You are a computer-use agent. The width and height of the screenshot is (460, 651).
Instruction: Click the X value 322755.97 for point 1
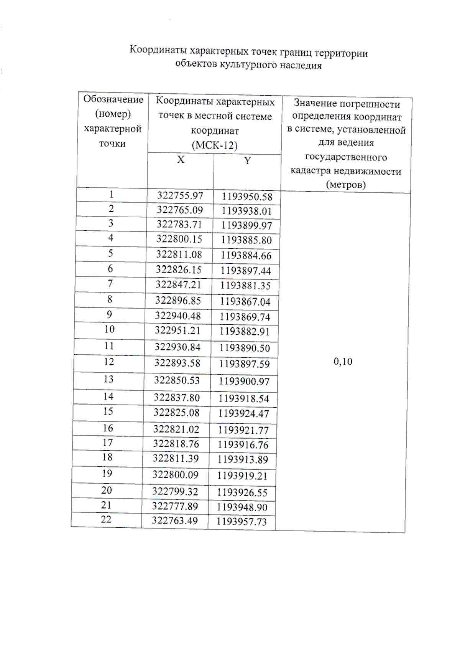coord(180,195)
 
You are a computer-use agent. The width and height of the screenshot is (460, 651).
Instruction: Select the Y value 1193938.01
coord(246,211)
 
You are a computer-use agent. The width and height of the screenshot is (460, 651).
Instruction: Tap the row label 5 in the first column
coord(110,253)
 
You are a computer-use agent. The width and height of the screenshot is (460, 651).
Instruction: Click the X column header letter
coord(181,160)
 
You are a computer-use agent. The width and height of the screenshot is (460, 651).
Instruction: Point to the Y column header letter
coord(247,161)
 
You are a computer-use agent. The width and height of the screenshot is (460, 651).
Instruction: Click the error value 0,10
coord(343,362)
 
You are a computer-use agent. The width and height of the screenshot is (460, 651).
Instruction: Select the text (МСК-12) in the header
coord(214,145)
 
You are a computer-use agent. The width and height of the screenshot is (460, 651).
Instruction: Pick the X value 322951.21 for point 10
coord(177,330)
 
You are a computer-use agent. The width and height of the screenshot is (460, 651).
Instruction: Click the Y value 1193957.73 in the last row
coord(241,521)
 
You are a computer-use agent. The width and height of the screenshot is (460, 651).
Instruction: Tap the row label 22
coord(106,519)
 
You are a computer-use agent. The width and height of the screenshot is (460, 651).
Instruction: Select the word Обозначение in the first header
coord(113,99)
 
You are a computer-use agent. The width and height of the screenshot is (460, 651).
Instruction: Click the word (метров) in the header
coord(346,185)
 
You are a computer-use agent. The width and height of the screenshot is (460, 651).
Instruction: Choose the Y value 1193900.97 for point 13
coord(244,381)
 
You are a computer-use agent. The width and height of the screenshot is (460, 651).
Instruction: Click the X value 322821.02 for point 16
coord(176,429)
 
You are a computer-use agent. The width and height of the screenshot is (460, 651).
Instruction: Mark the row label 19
coord(107,473)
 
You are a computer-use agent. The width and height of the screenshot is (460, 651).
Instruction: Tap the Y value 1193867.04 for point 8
coord(245,302)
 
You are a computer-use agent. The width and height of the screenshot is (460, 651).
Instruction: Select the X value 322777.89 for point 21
coord(175,506)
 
